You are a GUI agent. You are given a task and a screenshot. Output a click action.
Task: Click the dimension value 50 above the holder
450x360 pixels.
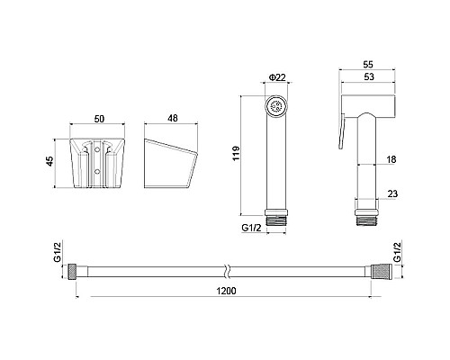(x=99, y=119)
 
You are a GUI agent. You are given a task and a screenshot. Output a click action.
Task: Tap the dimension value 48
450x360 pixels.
(x=173, y=118)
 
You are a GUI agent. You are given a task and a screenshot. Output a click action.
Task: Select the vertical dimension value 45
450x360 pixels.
(x=50, y=161)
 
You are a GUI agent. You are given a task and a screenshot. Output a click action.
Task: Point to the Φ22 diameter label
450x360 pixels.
(x=277, y=77)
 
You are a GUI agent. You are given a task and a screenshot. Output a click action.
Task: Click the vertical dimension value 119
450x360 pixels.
(x=237, y=153)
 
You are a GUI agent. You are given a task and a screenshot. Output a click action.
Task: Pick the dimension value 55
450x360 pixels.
(x=368, y=65)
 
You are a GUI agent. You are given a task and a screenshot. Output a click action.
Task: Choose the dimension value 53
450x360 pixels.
(x=369, y=76)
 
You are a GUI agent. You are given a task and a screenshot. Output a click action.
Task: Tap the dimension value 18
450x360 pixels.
(x=391, y=159)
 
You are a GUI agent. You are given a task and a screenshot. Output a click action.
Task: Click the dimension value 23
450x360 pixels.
(x=392, y=193)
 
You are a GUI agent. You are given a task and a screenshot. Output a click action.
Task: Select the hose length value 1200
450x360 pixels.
(x=226, y=291)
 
